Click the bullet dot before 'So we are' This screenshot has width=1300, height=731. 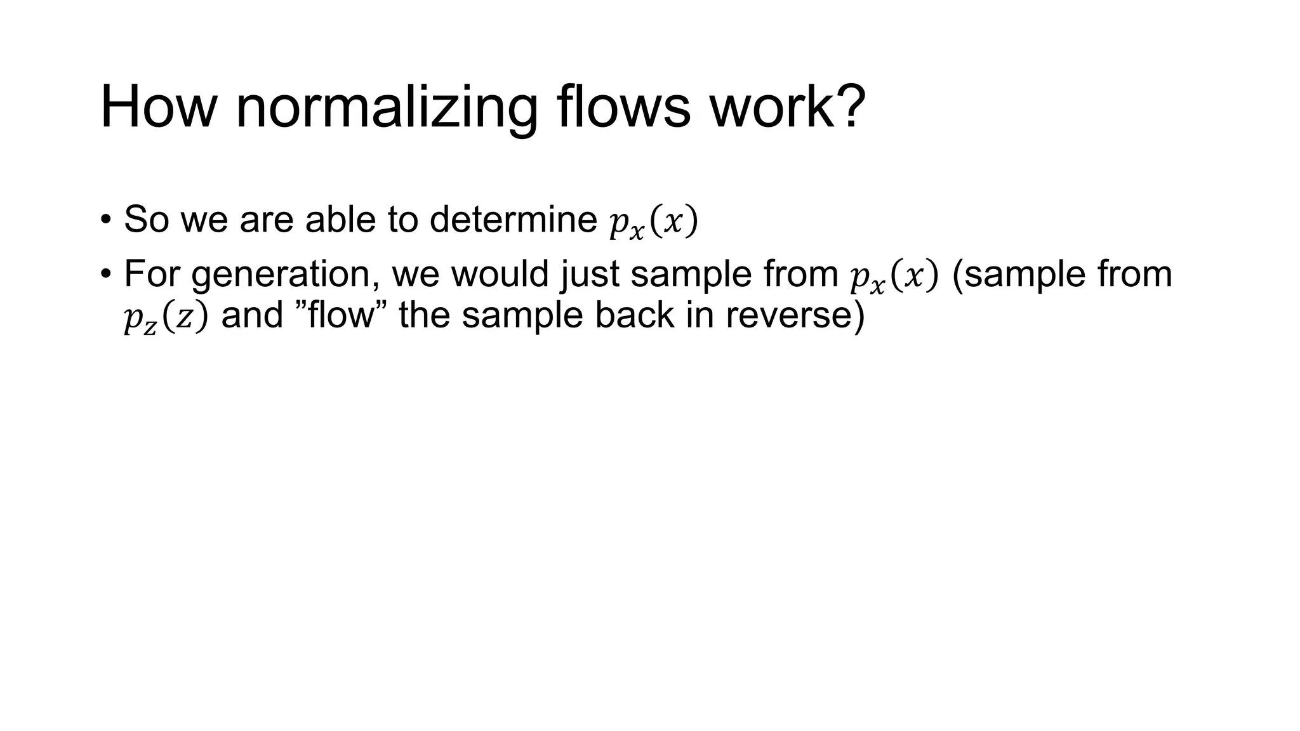[105, 220]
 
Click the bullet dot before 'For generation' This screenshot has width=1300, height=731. [105, 274]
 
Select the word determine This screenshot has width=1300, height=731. [513, 220]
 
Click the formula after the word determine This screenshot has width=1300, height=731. [653, 222]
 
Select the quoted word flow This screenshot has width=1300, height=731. [342, 315]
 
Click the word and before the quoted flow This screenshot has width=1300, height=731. [252, 315]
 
